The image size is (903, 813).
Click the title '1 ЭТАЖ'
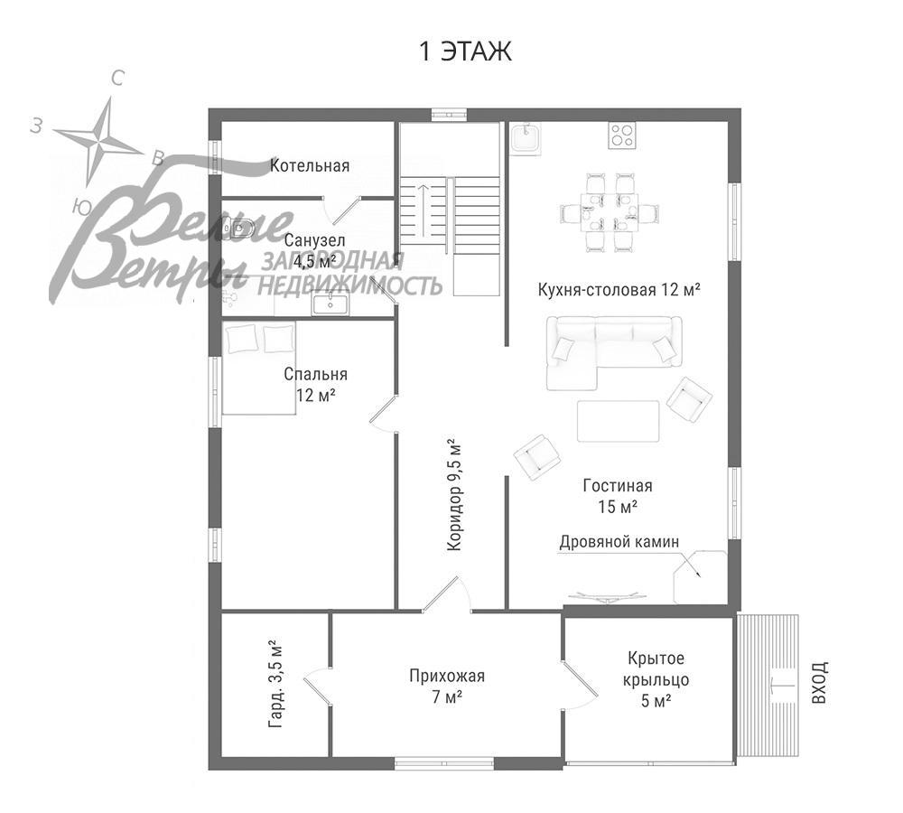(465, 52)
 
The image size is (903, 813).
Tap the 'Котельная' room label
(310, 166)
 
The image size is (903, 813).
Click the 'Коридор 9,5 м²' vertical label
(453, 495)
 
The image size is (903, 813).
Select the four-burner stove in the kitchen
(621, 135)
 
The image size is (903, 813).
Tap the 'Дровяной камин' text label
(619, 541)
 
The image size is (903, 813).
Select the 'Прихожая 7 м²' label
(447, 686)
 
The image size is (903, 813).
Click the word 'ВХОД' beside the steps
(818, 682)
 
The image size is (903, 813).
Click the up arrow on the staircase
(422, 208)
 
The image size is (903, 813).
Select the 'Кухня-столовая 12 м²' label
(619, 289)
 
